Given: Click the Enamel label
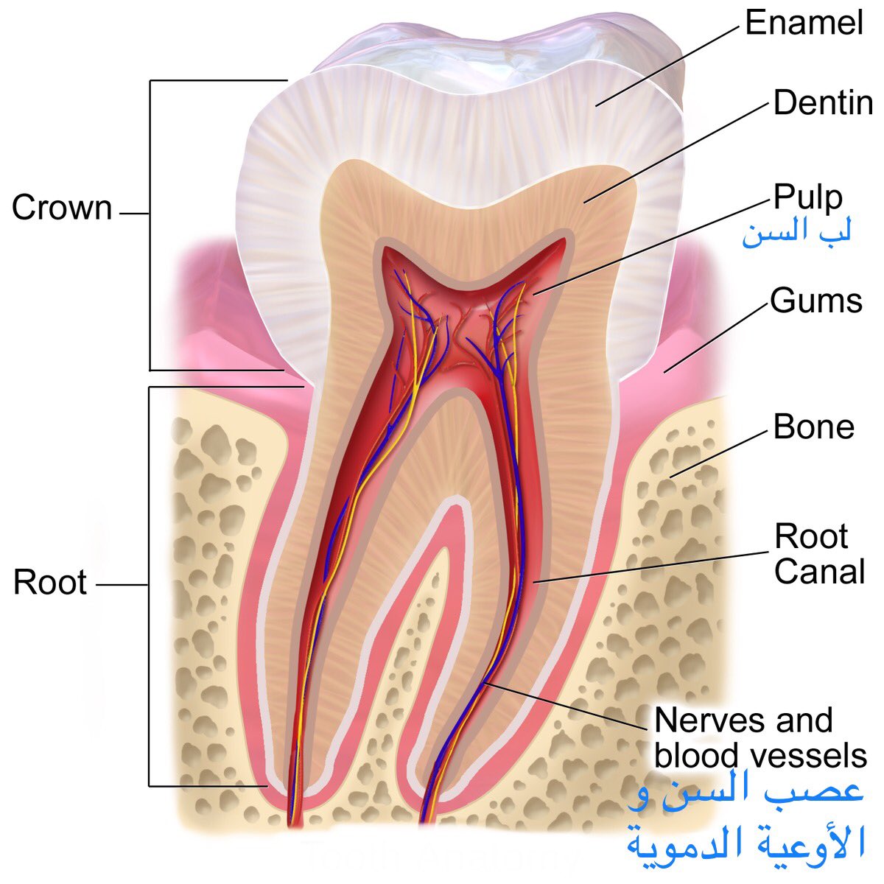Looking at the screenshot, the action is pyautogui.click(x=803, y=23).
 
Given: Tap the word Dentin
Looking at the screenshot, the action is pyautogui.click(x=823, y=103).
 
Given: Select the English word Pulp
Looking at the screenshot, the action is pyautogui.click(x=807, y=197).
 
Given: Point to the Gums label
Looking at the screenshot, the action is pyautogui.click(x=816, y=301).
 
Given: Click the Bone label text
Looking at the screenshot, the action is pyautogui.click(x=813, y=427).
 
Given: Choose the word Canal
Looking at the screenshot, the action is pyautogui.click(x=819, y=572).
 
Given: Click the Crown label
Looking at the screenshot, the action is pyautogui.click(x=62, y=208).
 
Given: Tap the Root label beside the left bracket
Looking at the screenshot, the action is pyautogui.click(x=50, y=582).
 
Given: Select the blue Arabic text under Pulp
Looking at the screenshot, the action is pyautogui.click(x=796, y=234).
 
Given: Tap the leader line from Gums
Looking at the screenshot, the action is pyautogui.click(x=715, y=337).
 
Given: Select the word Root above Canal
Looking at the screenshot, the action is pyautogui.click(x=811, y=537).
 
